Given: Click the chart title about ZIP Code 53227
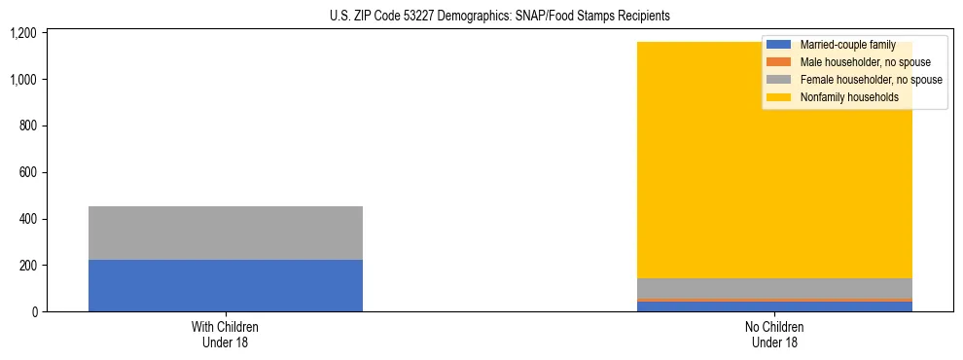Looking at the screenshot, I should [481, 17].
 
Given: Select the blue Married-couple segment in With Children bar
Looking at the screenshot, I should [225, 285].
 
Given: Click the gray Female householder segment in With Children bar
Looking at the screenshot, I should [225, 233].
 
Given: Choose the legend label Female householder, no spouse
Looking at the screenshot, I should [871, 80].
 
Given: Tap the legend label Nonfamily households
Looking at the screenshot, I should [849, 97].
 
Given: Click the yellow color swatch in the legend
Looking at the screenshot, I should [779, 97].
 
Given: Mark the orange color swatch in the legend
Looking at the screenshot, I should [779, 62].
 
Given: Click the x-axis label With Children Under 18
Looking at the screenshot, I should [225, 335].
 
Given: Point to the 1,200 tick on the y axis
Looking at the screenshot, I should [22, 33].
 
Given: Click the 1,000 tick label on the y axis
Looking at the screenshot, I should [22, 80].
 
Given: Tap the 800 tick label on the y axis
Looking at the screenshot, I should [27, 126].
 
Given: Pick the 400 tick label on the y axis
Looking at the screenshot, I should [27, 219].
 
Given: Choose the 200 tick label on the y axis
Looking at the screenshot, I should [27, 266].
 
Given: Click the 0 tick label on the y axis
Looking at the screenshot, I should [33, 312].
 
